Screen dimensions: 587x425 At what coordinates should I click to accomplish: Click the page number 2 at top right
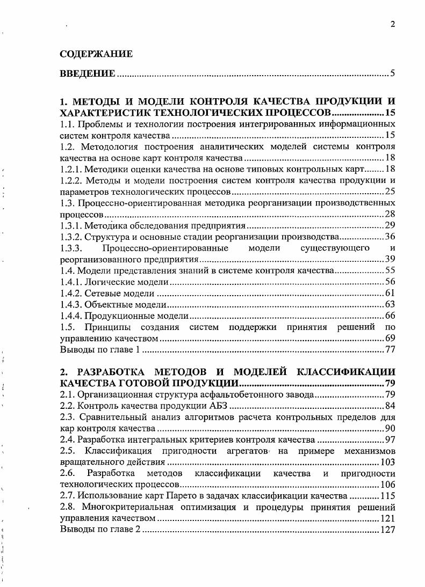point(393,24)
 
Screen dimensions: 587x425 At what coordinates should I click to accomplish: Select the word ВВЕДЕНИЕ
point(87,74)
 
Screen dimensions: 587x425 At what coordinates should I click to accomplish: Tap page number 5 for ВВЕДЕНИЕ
point(393,74)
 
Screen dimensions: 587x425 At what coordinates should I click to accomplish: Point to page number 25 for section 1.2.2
point(390,192)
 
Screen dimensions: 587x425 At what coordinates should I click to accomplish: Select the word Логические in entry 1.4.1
point(105,282)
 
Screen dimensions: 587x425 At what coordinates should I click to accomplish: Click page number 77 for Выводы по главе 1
point(390,350)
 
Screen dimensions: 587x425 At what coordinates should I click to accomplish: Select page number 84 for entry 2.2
point(390,406)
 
